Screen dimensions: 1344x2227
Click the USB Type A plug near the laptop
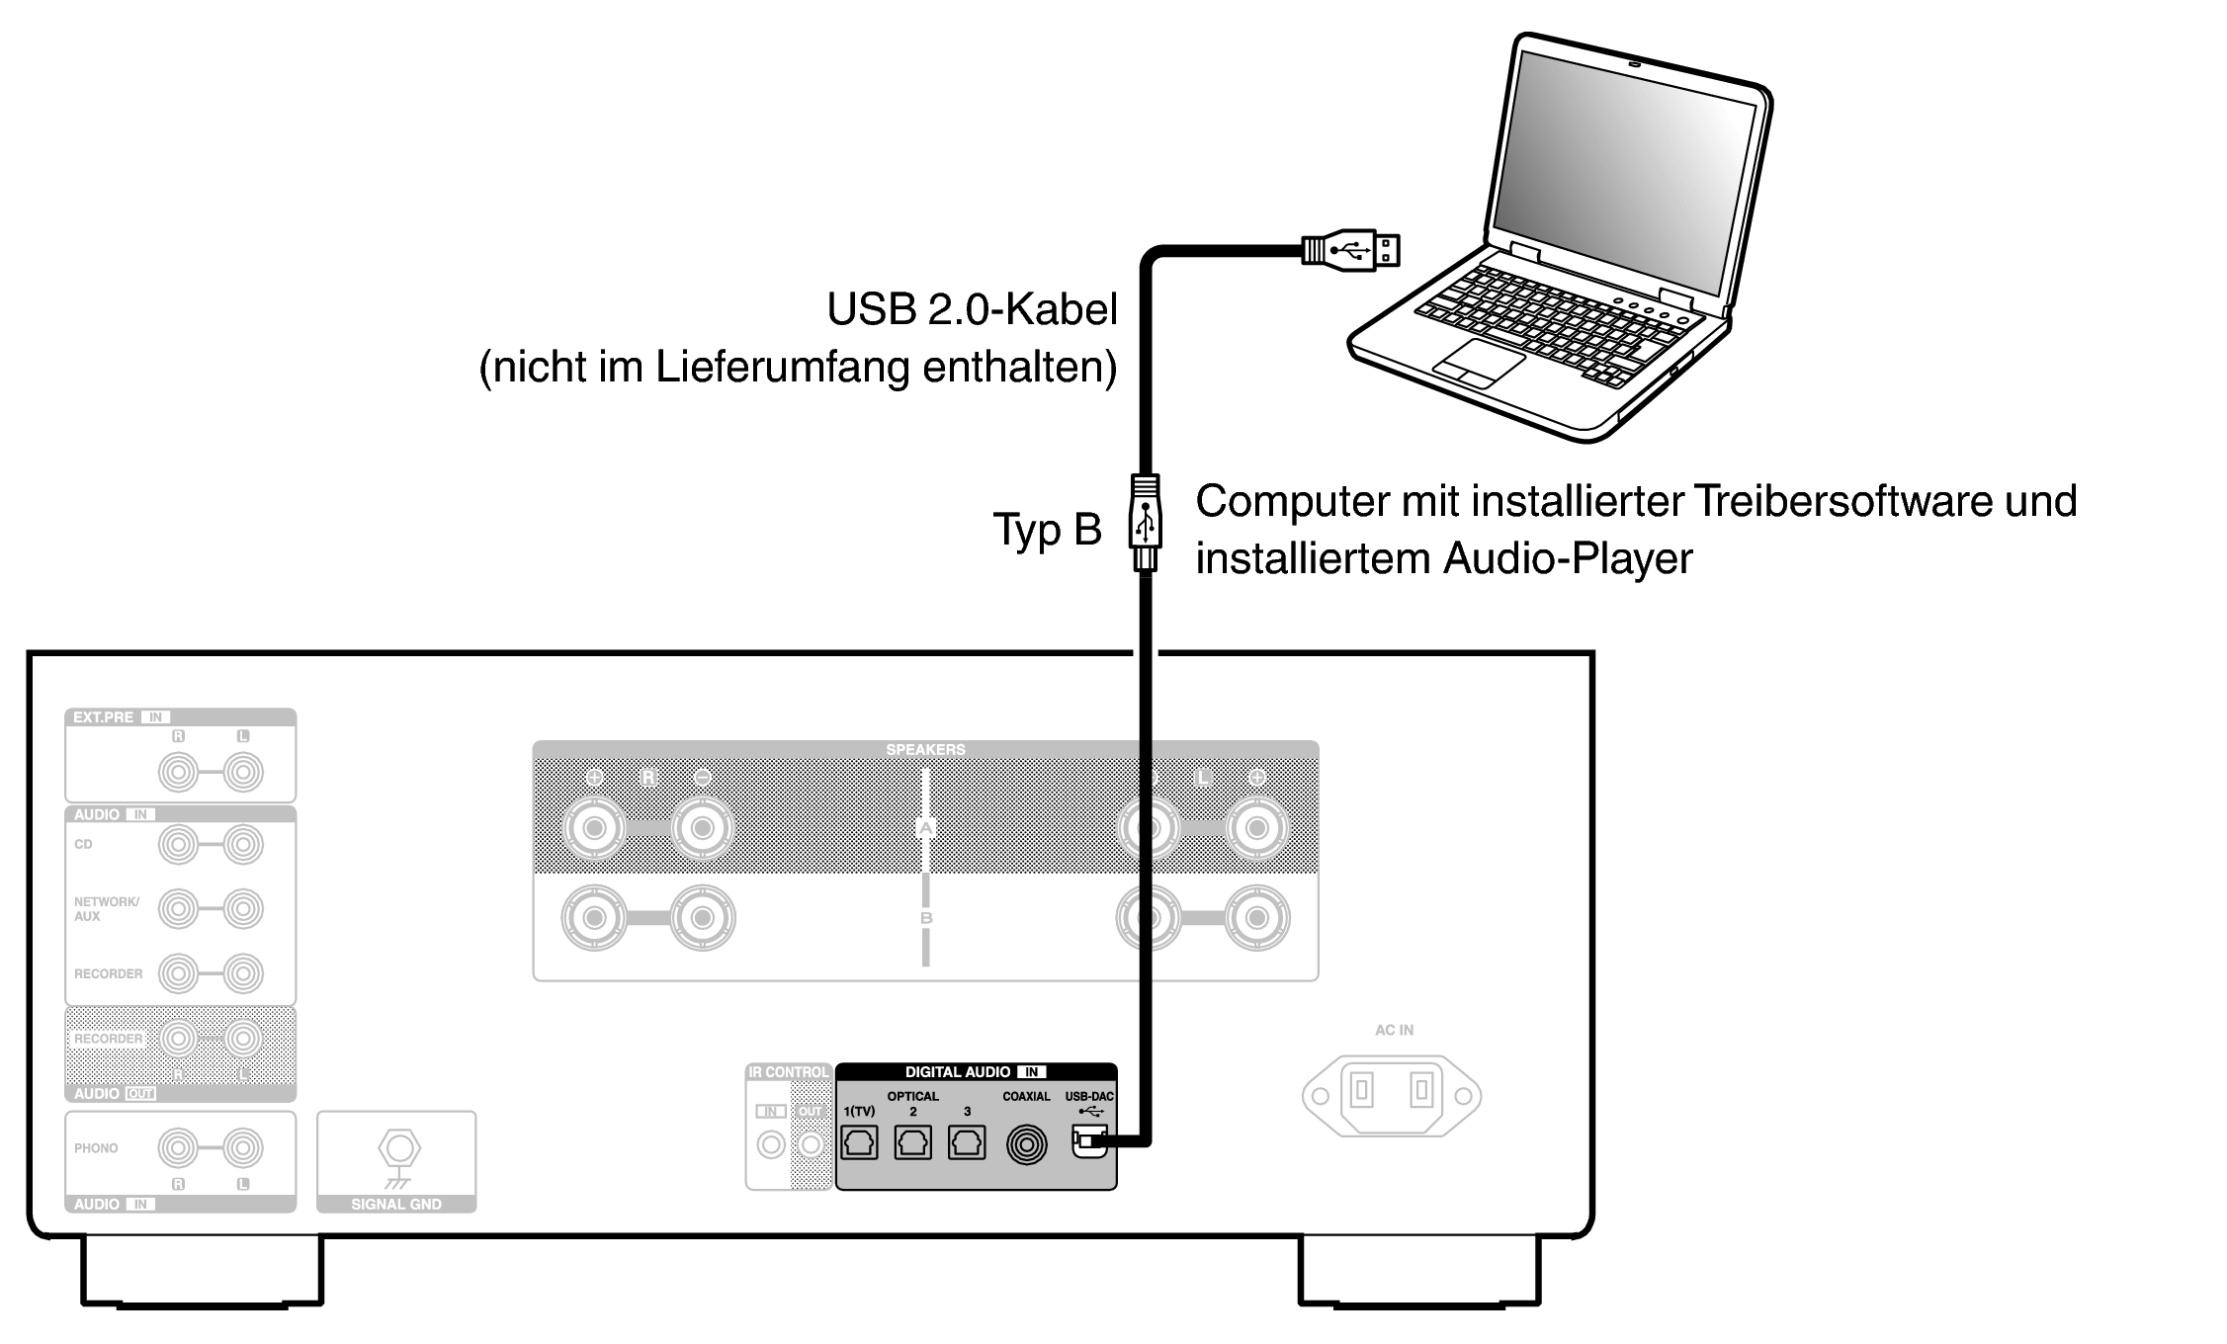click(1350, 250)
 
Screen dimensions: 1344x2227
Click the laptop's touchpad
click(1479, 363)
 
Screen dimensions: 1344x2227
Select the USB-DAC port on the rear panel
click(1088, 1142)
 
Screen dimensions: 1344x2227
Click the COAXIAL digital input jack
click(1026, 1144)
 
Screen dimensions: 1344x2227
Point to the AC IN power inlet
click(1392, 1094)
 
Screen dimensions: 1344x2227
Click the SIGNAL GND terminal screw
click(398, 1149)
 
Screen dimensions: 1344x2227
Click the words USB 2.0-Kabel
click(972, 309)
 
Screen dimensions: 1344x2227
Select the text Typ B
click(1046, 530)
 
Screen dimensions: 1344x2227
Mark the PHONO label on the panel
click(96, 1148)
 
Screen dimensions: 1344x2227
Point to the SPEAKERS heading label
click(925, 750)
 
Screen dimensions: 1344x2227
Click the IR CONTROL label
click(789, 1072)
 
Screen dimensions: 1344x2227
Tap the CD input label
click(83, 845)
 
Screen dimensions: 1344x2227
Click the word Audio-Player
click(1568, 558)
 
